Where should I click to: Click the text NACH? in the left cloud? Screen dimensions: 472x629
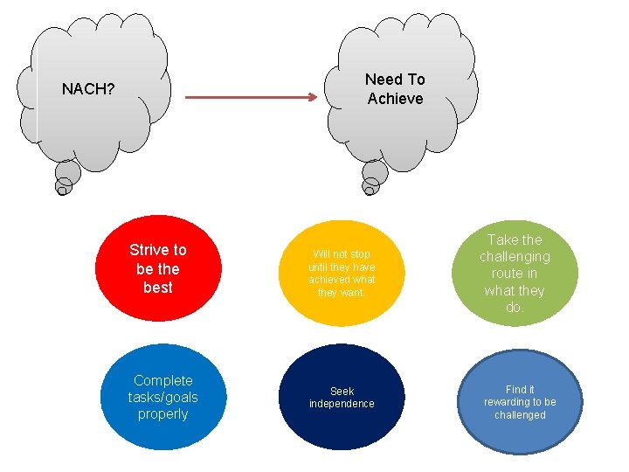point(88,89)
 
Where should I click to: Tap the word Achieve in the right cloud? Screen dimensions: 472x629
point(395,99)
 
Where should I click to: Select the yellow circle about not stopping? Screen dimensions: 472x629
point(341,272)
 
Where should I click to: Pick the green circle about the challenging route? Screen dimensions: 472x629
point(515,273)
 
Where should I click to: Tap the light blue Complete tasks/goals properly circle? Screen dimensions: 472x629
point(163,398)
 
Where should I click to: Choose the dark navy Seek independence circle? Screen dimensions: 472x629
point(342,398)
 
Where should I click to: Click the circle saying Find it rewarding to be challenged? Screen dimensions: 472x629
point(520,402)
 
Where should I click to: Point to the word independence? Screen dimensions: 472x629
point(342,404)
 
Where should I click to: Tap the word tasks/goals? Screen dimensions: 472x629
point(163,398)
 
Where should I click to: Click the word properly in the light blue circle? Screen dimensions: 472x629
point(163,414)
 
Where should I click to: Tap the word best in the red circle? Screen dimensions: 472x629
point(158,288)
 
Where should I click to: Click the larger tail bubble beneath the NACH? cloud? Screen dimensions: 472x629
point(68,172)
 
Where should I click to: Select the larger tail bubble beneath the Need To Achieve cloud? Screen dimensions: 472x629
point(376,172)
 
